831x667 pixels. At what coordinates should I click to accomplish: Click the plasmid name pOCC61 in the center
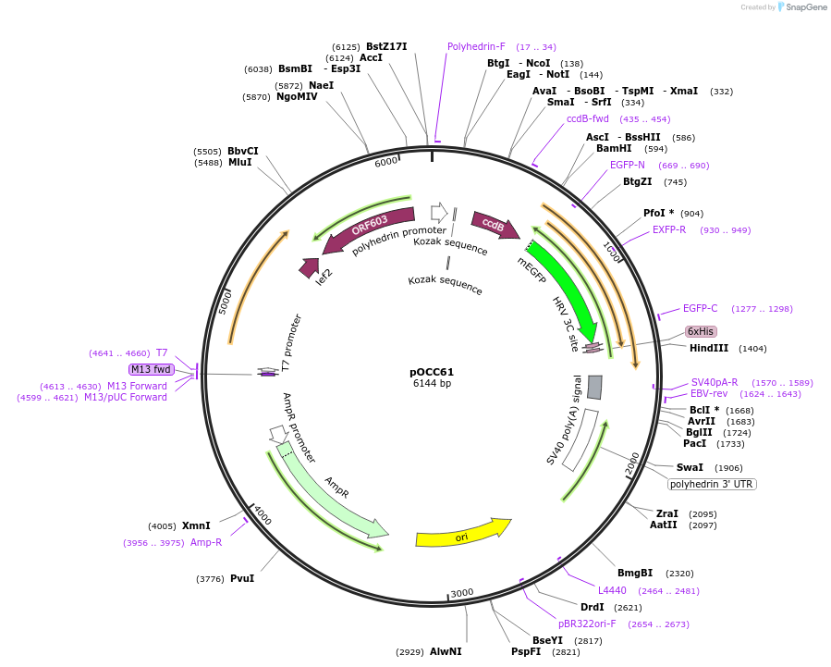coord(432,372)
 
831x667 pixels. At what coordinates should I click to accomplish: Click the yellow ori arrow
coord(462,534)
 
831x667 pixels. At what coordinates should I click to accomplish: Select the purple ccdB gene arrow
coord(495,225)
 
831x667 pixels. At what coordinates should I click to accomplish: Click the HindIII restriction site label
coord(709,349)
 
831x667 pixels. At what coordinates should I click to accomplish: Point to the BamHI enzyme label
coord(614,148)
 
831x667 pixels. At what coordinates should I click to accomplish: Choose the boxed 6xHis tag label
coord(700,331)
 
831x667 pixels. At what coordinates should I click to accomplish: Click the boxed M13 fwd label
coord(152,369)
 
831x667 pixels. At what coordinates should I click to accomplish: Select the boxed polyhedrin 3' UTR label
coord(712,484)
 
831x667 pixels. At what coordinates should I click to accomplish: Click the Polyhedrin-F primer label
coord(476,46)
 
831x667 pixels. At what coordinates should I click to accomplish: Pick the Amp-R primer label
coord(206,543)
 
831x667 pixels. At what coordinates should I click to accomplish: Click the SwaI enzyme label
coord(690,468)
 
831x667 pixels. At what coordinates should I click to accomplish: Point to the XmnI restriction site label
coord(196,525)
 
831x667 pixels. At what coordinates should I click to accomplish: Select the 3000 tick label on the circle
coord(461,593)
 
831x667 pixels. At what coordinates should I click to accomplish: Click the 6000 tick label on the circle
coord(385,162)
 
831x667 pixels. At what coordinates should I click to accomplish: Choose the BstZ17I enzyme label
coord(386,46)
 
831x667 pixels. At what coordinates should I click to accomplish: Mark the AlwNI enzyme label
coord(446,652)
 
